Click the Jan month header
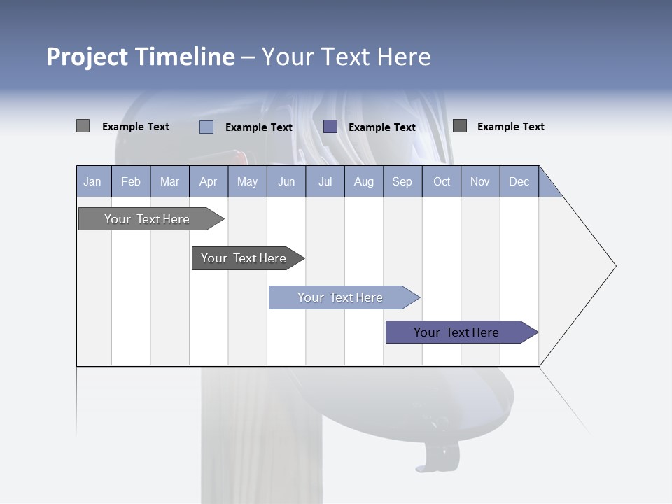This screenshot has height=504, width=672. tap(93, 181)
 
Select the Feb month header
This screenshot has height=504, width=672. tap(131, 181)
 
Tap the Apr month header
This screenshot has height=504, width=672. tap(209, 181)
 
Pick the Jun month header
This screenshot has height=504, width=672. tap(286, 181)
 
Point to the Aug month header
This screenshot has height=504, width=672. tap(364, 181)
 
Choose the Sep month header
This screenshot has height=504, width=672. tap(402, 181)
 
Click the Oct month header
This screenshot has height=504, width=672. tap(442, 181)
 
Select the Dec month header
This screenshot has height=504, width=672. tap(519, 181)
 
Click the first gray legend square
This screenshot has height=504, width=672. tap(83, 126)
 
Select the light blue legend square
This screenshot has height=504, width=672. tap(206, 127)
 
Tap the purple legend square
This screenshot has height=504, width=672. tap(330, 126)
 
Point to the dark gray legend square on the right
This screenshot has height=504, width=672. tap(459, 125)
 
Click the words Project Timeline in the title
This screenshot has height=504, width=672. tap(141, 57)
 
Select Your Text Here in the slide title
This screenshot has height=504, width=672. tap(346, 57)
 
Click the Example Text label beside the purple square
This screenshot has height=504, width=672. tap(382, 127)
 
